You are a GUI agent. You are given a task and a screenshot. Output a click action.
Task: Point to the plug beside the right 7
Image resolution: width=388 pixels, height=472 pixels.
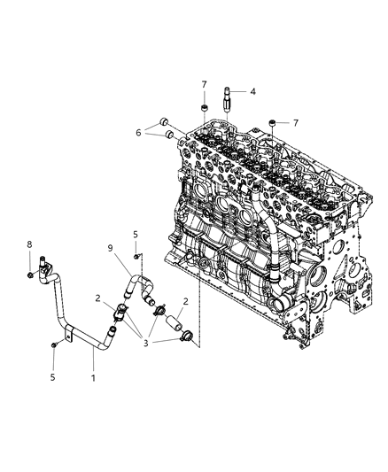[274, 123]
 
